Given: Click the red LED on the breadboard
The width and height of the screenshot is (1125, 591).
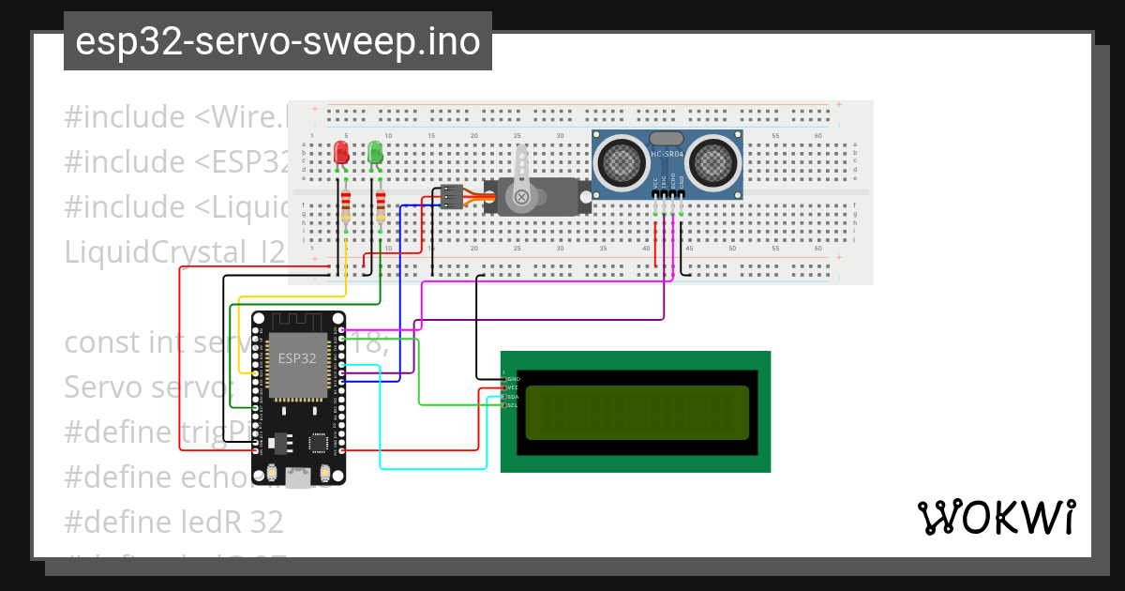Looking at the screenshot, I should (341, 153).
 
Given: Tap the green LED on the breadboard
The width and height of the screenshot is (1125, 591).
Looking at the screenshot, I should (375, 153).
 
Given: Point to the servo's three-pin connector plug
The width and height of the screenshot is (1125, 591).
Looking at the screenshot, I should (452, 197).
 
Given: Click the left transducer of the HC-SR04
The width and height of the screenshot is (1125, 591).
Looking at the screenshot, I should (620, 160).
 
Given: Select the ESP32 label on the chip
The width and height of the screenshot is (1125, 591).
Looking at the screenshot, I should (297, 357).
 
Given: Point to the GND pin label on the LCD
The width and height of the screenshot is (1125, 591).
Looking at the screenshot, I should (514, 378).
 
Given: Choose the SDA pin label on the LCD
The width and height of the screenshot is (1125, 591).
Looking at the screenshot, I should (514, 396).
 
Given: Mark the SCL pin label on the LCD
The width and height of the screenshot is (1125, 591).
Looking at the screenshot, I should (514, 405).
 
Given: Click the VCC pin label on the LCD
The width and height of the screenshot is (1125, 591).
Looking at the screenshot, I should (514, 386).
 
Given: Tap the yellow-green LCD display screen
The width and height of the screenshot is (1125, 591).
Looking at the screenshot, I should (637, 413).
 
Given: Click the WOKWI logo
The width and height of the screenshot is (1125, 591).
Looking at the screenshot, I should (995, 517).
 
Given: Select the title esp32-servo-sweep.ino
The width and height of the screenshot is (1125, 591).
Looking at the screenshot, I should (277, 41).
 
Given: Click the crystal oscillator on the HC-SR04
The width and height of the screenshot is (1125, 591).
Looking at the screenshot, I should (666, 138).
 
